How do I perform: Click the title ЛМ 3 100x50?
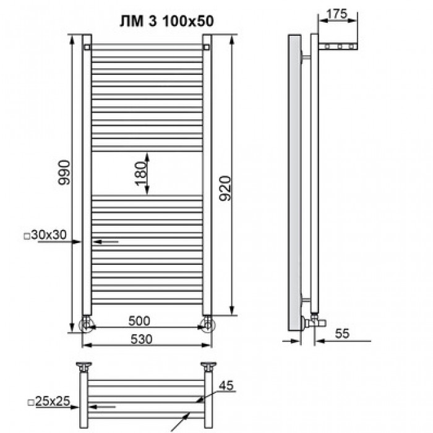[x=167, y=21]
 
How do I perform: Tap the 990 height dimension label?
[x=64, y=172]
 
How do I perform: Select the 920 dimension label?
[x=225, y=188]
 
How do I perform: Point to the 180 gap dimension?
[x=140, y=173]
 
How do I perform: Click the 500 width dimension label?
[x=139, y=320]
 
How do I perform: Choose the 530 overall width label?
[x=142, y=339]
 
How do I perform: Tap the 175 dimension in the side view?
[x=337, y=14]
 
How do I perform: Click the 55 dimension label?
[x=342, y=333]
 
